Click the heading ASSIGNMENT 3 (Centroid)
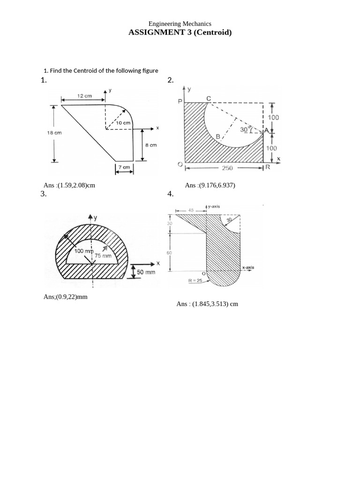click(x=180, y=32)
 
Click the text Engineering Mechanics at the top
click(x=180, y=23)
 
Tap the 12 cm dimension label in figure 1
click(x=84, y=96)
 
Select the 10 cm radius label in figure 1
click(x=123, y=123)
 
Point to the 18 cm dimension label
click(x=54, y=133)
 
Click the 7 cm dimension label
click(x=124, y=167)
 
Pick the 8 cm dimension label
click(x=151, y=145)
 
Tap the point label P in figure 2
click(x=179, y=101)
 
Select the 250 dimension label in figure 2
click(x=227, y=168)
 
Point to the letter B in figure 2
click(x=218, y=136)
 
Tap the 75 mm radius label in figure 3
click(x=103, y=256)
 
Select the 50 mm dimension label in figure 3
click(x=146, y=272)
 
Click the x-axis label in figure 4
click(x=248, y=267)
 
